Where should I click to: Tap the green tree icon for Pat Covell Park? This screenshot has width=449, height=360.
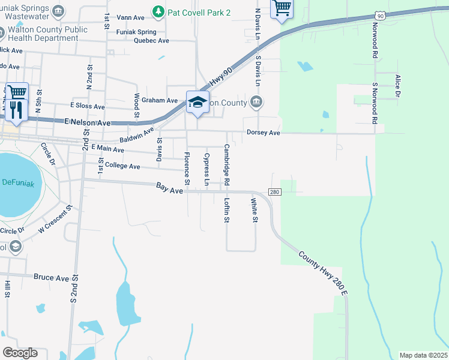(x=158, y=11)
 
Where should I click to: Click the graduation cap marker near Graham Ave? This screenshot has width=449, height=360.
(x=196, y=101)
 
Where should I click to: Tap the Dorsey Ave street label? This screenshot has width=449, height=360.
(x=264, y=133)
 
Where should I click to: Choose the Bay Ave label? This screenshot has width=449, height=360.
(x=169, y=188)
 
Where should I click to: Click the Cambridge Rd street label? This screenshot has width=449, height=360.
(x=227, y=164)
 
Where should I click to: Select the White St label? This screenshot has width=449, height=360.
(x=255, y=211)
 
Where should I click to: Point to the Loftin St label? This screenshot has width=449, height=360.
(x=227, y=211)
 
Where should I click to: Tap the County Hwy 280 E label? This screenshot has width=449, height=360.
(x=324, y=272)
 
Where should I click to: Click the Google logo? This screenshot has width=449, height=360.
(x=20, y=353)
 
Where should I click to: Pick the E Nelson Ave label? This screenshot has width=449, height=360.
(x=88, y=122)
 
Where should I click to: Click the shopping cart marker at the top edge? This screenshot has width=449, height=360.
(x=281, y=8)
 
